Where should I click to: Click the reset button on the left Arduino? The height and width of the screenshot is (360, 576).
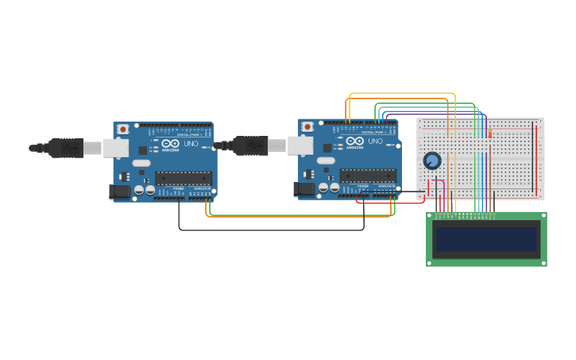(x=123, y=130)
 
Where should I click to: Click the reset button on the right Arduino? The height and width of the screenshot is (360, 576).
(x=307, y=126)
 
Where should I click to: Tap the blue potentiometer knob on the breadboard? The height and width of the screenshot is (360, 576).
(x=431, y=161)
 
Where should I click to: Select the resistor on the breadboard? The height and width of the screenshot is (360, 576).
(x=489, y=134)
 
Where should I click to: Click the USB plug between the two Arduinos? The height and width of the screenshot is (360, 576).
(x=250, y=145)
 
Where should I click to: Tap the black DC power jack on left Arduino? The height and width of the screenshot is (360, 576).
(x=119, y=191)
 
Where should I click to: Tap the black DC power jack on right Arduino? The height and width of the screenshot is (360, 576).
(x=303, y=188)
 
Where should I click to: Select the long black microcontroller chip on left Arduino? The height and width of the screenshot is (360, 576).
(x=184, y=178)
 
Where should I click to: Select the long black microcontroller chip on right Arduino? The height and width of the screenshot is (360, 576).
(x=368, y=176)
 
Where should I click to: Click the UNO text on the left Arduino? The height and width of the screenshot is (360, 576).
(x=191, y=144)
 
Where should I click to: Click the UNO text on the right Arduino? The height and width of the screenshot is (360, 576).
(x=375, y=141)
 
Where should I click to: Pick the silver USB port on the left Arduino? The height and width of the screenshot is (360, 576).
(x=116, y=148)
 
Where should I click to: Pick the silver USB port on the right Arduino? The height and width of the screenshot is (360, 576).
(x=300, y=145)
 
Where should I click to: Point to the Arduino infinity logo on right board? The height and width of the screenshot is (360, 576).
(x=354, y=141)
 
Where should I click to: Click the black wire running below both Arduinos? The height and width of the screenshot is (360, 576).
(x=270, y=230)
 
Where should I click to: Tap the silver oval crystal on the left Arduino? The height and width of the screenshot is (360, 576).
(x=141, y=163)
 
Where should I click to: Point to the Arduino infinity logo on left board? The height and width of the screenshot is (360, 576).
(x=170, y=144)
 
